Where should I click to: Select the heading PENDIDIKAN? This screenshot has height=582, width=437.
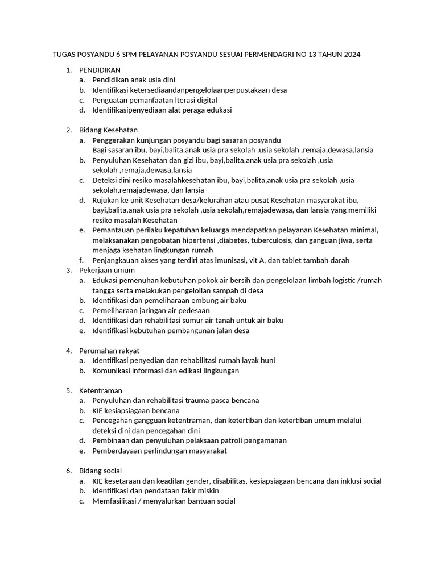point(100,70)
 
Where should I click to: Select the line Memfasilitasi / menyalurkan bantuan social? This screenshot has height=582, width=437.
point(164,501)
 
